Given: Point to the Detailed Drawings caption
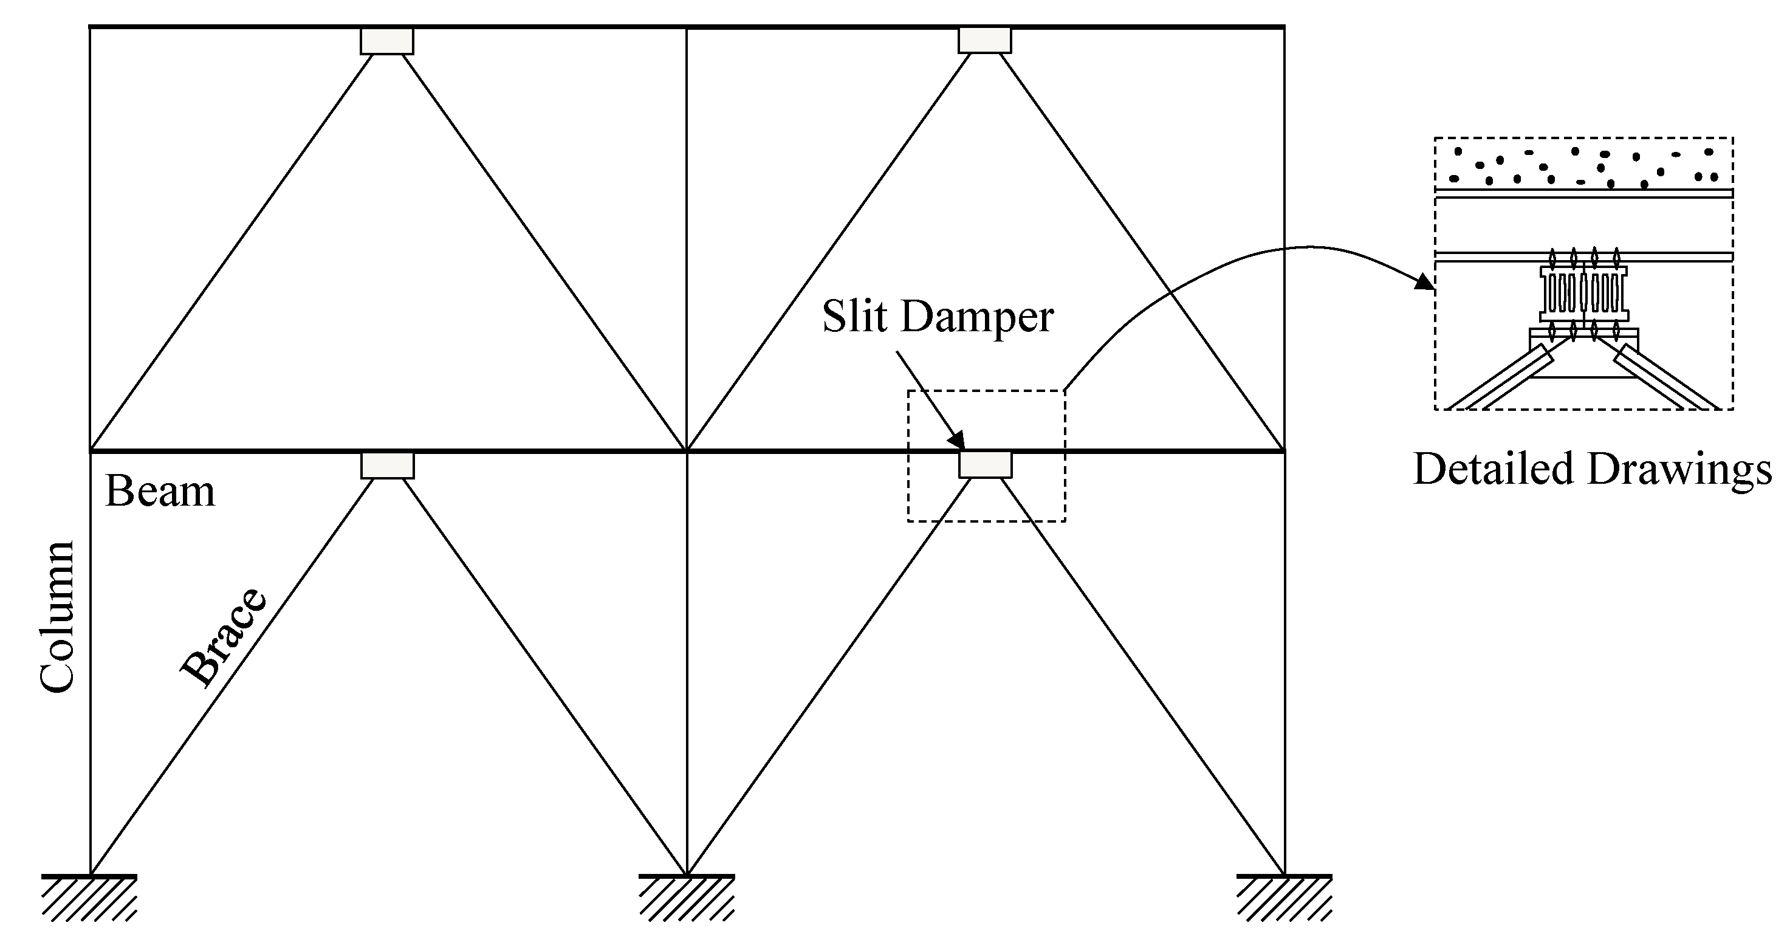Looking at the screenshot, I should pos(1593,469).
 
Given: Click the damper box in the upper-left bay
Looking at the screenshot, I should pos(386,41).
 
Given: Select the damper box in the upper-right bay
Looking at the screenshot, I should pos(984,40).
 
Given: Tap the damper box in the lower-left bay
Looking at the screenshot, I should pos(387,466).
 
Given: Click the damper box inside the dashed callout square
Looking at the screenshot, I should pos(985,465).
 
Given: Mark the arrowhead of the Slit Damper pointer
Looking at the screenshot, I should pos(958,441).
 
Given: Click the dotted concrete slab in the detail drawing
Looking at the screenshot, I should pos(1583,166).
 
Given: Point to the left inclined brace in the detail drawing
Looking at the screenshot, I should pos(1498,382).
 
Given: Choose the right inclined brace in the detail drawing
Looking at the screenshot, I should pos(1665,382).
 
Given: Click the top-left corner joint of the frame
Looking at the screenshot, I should pos(90,27).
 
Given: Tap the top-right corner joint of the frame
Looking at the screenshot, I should pos(1284,27).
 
